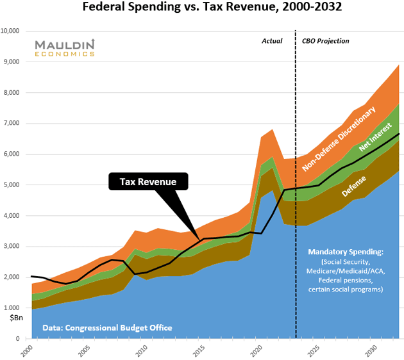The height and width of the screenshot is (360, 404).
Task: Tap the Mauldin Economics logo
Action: click(64, 48)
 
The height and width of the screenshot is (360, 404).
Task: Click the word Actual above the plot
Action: click(272, 41)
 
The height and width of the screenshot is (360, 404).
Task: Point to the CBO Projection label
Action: click(325, 41)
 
